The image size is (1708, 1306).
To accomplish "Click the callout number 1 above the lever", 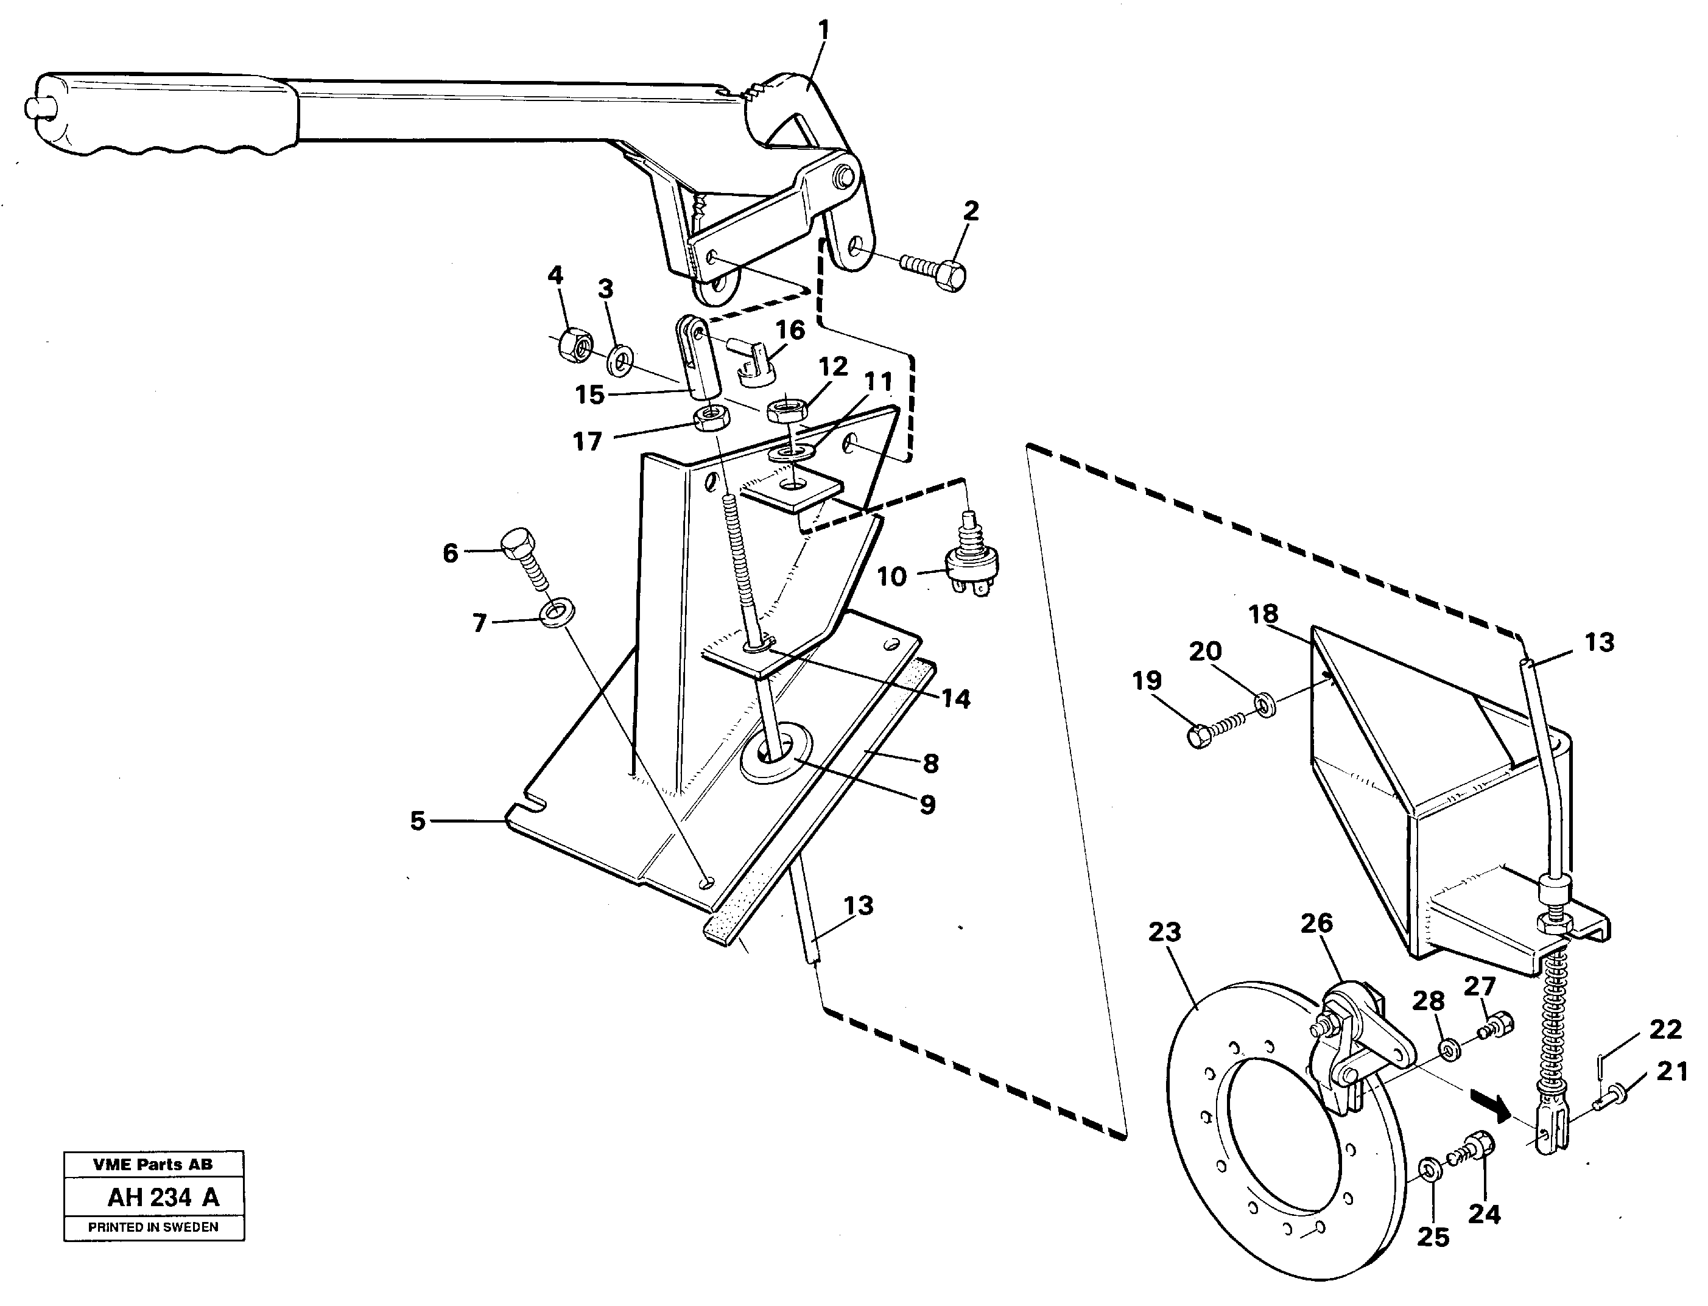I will coord(823,31).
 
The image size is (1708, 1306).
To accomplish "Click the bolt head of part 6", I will coord(518,544).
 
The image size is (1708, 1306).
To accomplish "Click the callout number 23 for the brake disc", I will coord(1164,933).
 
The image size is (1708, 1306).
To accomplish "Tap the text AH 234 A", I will coord(163,1197).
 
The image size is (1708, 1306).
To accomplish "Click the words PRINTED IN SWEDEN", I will coord(153,1227).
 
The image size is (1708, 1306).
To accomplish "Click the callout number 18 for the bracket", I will coord(1263,614).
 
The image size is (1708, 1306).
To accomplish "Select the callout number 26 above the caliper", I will coord(1316,924).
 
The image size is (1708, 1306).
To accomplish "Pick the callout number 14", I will coord(955,699).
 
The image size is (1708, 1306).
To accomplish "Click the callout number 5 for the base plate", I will coord(418,821).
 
